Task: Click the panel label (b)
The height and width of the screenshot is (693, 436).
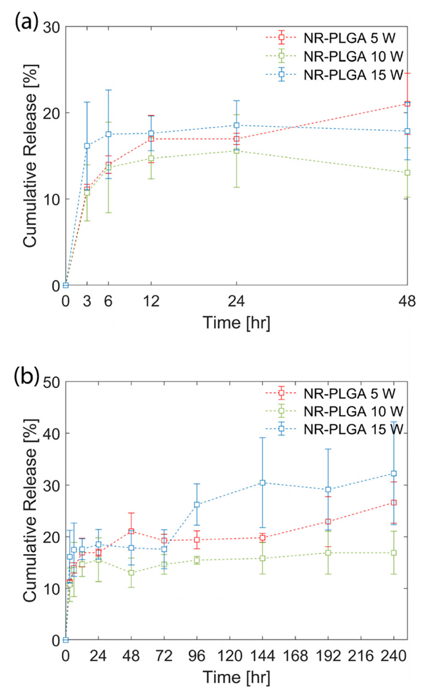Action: click(26, 376)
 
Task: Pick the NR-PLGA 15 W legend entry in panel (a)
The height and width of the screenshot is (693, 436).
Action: click(353, 75)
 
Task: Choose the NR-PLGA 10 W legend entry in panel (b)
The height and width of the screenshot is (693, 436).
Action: click(353, 411)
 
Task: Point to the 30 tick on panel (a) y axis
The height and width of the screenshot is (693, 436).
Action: click(52, 27)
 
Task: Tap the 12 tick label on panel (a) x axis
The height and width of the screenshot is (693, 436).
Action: click(151, 301)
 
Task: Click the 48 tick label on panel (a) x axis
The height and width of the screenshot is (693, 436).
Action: click(407, 301)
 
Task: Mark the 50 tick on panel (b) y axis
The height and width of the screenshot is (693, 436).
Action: click(52, 382)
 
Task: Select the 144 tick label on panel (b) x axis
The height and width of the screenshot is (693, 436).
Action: click(262, 656)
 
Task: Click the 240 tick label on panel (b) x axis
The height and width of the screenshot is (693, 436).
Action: click(394, 656)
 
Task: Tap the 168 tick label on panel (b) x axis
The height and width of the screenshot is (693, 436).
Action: click(295, 656)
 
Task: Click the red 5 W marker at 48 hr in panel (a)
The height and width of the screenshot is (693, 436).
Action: click(407, 104)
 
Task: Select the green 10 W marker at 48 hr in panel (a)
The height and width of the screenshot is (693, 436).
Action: click(407, 173)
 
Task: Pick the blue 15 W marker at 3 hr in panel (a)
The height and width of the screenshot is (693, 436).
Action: click(87, 146)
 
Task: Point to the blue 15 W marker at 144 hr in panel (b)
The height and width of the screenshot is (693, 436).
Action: click(263, 483)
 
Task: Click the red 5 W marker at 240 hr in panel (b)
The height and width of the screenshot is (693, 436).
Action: click(394, 503)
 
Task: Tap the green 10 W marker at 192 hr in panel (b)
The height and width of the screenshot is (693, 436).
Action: click(328, 553)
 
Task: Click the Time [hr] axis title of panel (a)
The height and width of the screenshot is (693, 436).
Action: click(236, 323)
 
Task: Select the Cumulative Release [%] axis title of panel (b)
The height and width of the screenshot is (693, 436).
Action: click(30, 511)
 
